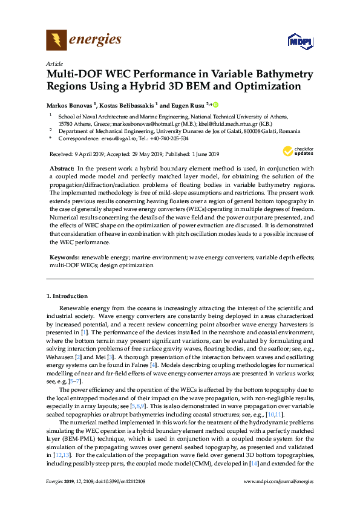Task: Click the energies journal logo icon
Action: pyautogui.click(x=57, y=41)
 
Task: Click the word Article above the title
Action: pyautogui.click(x=54, y=64)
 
